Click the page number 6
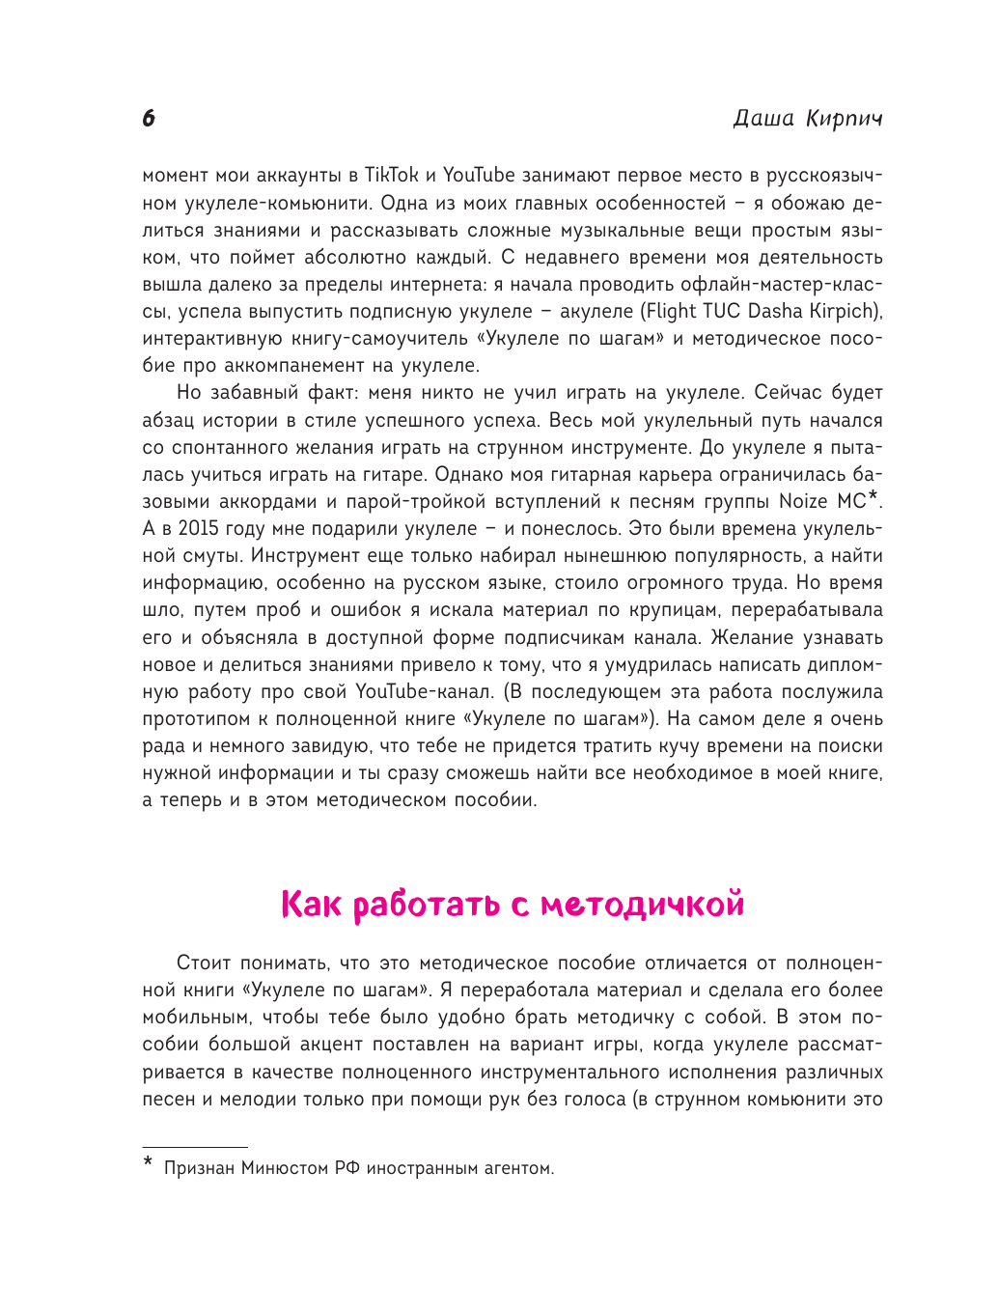pyautogui.click(x=148, y=119)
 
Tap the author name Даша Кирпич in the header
pyautogui.click(x=807, y=119)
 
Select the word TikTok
pyautogui.click(x=391, y=176)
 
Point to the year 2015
pyautogui.click(x=199, y=529)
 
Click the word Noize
pyautogui.click(x=803, y=502)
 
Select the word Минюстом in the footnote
pyautogui.click(x=285, y=1168)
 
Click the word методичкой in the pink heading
pyautogui.click(x=642, y=905)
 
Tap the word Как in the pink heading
pyautogui.click(x=311, y=905)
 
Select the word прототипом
pyautogui.click(x=204, y=719)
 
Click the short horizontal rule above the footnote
pyautogui.click(x=195, y=1148)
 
